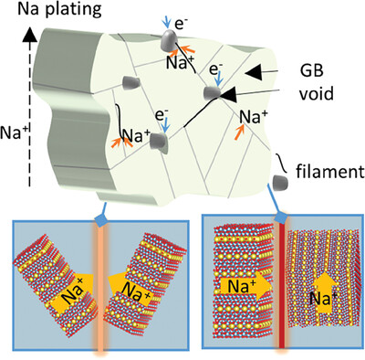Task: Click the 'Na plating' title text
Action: [59, 10]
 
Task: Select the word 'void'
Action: [317, 94]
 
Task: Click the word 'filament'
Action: [330, 172]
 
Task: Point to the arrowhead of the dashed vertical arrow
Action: [30, 34]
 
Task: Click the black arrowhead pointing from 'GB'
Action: [254, 72]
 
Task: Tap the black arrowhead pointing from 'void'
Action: [228, 94]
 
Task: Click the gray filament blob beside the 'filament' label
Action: [281, 182]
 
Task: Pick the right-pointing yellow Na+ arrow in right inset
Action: [245, 285]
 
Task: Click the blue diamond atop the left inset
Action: [101, 219]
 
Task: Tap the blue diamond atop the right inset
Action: [281, 217]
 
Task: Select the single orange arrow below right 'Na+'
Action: [239, 132]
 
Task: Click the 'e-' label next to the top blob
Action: [179, 25]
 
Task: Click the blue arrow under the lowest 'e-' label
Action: [164, 127]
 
